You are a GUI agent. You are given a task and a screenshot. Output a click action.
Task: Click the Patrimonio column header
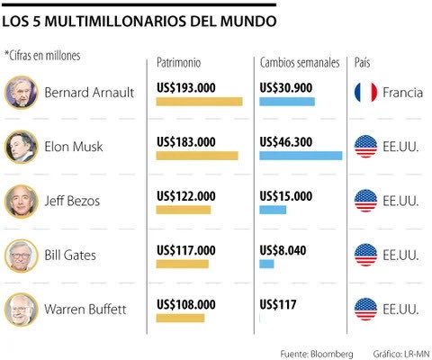(x=178, y=62)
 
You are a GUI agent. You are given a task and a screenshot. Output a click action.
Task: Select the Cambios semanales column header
(x=300, y=62)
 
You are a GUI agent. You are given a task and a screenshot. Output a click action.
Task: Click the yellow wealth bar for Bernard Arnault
(x=199, y=101)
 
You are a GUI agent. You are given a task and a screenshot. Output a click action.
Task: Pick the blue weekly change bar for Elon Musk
(x=301, y=156)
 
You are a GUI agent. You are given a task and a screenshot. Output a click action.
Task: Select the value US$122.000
(x=186, y=195)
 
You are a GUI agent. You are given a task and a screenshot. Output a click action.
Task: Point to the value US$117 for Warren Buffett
(x=277, y=305)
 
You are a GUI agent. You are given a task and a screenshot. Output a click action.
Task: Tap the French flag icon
(x=365, y=92)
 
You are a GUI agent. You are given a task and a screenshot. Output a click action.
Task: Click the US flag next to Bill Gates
(x=365, y=256)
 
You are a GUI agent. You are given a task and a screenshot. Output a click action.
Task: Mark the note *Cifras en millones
(x=42, y=56)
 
